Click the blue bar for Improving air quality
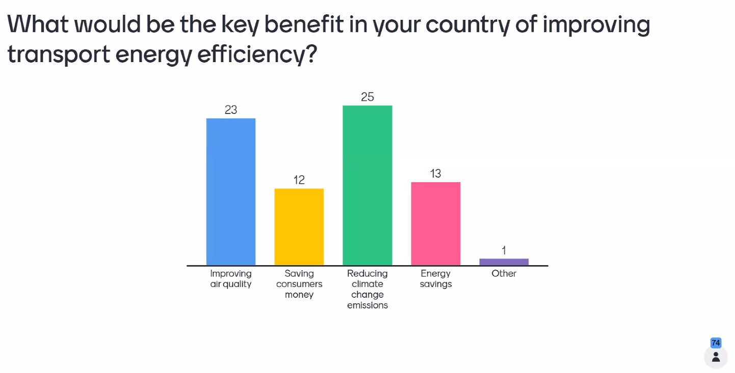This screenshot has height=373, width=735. (231, 191)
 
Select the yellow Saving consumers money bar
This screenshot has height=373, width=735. (299, 226)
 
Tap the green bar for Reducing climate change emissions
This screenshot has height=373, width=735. (367, 185)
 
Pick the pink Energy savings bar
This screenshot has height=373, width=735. (435, 224)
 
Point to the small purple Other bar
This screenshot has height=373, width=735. (504, 262)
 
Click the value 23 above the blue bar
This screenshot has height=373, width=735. (231, 110)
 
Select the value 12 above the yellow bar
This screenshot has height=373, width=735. (299, 180)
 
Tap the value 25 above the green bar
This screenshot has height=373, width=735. (367, 97)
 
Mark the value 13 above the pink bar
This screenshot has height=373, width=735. (435, 174)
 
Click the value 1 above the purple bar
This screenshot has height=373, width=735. (504, 250)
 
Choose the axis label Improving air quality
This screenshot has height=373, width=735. (231, 279)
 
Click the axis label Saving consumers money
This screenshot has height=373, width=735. (299, 284)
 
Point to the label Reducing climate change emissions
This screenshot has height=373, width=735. (367, 289)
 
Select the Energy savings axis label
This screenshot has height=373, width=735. (435, 279)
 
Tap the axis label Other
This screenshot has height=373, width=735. (504, 273)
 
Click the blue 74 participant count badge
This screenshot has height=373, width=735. (716, 343)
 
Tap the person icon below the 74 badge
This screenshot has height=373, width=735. (716, 357)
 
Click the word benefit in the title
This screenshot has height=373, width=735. (303, 24)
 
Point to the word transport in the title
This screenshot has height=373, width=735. (59, 54)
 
